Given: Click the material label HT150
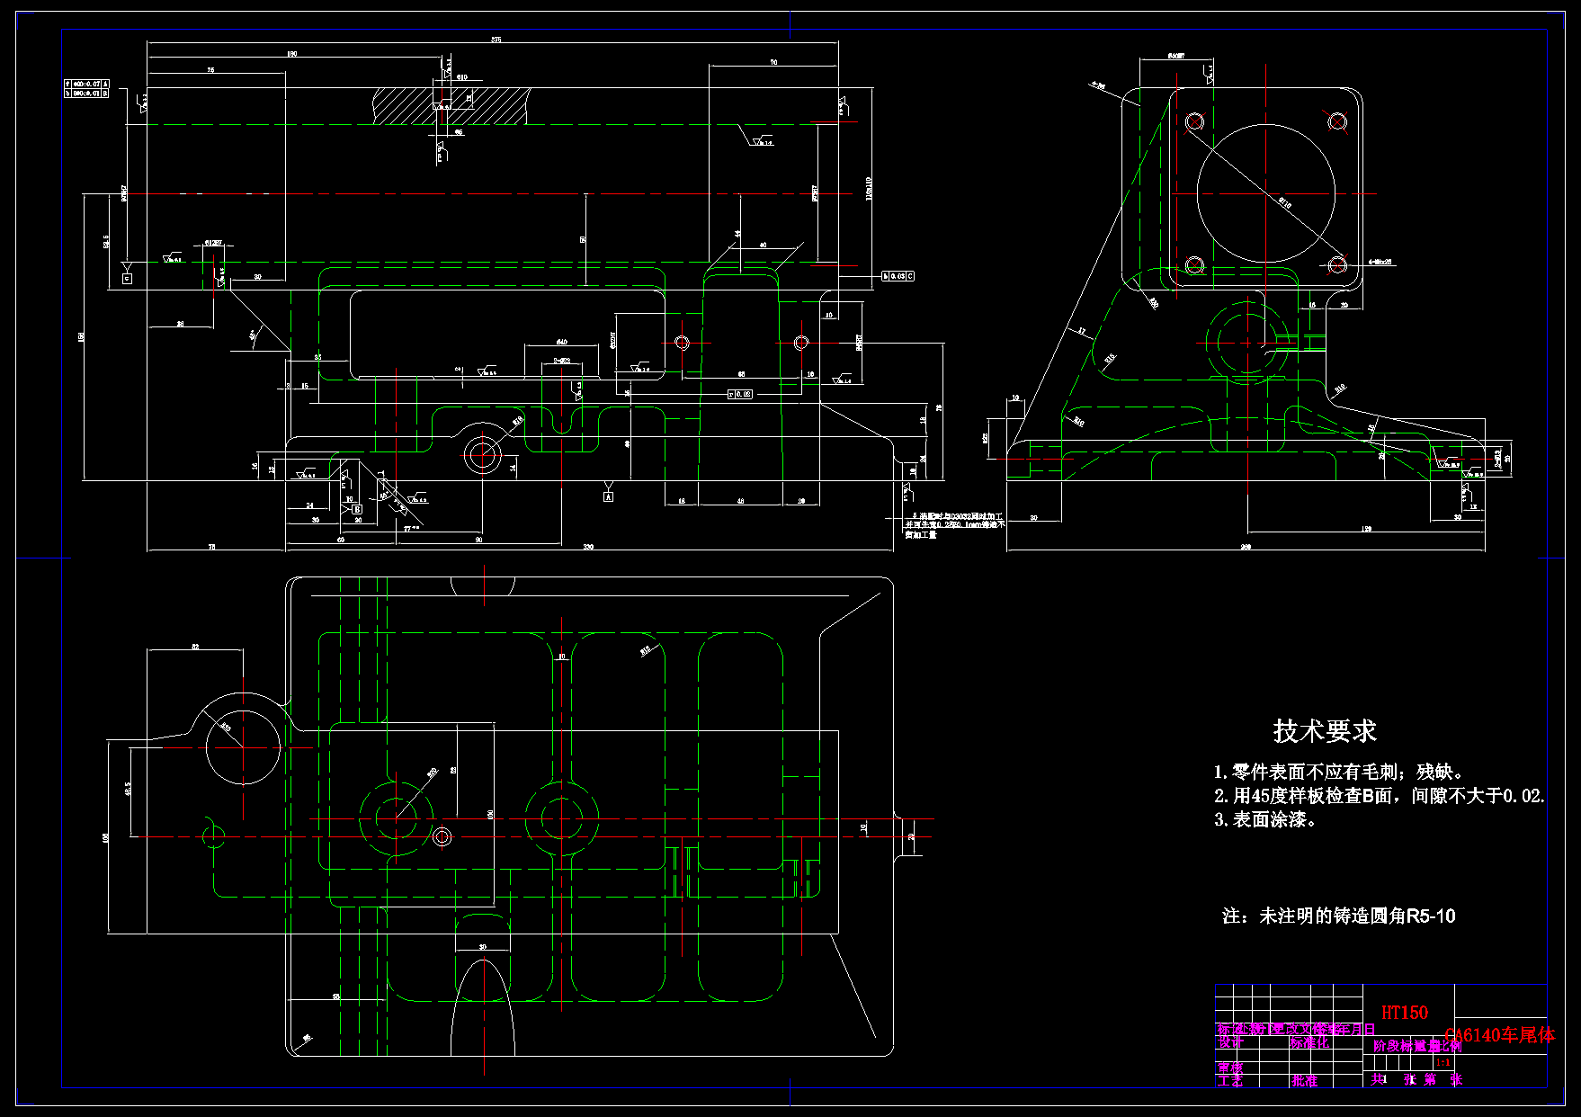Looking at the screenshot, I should pyautogui.click(x=1404, y=1013).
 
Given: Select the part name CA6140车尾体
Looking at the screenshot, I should pyautogui.click(x=1499, y=1035).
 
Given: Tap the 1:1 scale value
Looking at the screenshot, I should pyautogui.click(x=1443, y=1063).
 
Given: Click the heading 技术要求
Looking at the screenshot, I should pyautogui.click(x=1325, y=731).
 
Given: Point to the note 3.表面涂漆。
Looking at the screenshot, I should pyautogui.click(x=1265, y=819).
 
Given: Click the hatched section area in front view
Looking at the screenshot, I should pyautogui.click(x=450, y=105).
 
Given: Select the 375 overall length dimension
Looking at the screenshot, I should pyautogui.click(x=496, y=40).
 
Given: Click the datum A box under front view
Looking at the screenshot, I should pyautogui.click(x=608, y=496).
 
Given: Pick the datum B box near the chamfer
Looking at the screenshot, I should pyautogui.click(x=357, y=509).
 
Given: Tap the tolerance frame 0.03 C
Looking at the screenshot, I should pyautogui.click(x=898, y=276).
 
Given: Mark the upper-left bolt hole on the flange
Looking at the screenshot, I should pyautogui.click(x=1194, y=121).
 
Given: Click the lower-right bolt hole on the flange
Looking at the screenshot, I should pyautogui.click(x=1337, y=264).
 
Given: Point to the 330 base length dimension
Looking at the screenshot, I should pyautogui.click(x=588, y=547).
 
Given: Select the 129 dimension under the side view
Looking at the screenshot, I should pyautogui.click(x=1366, y=530).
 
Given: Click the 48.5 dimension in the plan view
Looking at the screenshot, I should pyautogui.click(x=129, y=789).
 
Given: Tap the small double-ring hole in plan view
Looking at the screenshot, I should pyautogui.click(x=442, y=837).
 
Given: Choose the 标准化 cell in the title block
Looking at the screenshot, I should pyautogui.click(x=1309, y=1042).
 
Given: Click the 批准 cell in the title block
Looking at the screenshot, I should pyautogui.click(x=1304, y=1080).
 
